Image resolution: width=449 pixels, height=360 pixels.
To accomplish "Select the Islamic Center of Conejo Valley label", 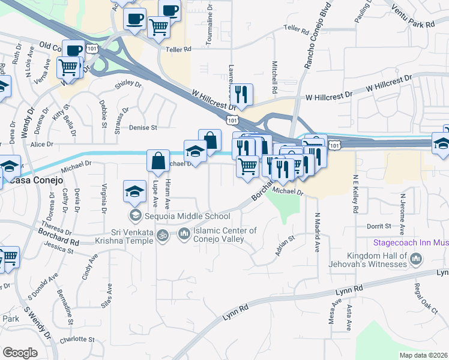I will click(224, 235).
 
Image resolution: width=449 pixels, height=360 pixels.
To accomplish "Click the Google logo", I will click(20, 352).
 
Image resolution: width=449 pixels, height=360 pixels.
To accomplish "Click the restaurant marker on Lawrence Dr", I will click(241, 94).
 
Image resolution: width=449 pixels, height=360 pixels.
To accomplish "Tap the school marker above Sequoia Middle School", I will click(135, 191).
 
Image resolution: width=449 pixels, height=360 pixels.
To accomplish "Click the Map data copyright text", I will click(423, 355).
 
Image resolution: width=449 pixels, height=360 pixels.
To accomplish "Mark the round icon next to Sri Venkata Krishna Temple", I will click(161, 236).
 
